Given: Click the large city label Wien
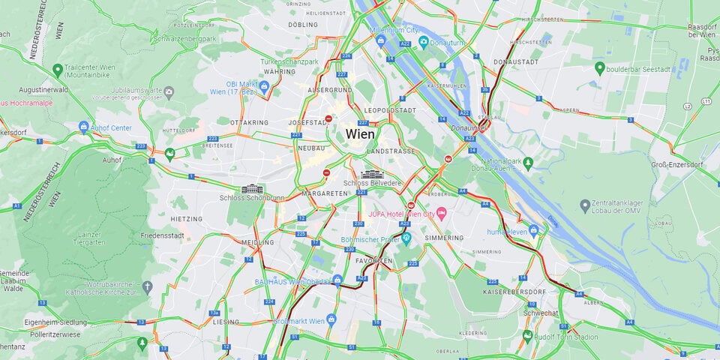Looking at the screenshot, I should (x=360, y=133).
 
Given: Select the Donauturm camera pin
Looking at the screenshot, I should (x=424, y=40).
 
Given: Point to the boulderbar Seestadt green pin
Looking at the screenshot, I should (x=599, y=68).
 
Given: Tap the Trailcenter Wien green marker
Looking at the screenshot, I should (x=57, y=70).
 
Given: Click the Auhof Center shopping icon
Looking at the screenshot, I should (x=83, y=127).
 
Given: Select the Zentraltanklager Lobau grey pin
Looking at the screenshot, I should (x=585, y=205).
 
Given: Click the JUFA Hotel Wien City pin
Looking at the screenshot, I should (x=442, y=214).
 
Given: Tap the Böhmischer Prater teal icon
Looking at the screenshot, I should (x=407, y=240).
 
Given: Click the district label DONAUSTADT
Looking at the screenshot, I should (x=516, y=61).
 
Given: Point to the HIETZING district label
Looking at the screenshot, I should (x=187, y=219).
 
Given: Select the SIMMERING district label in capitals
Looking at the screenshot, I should (x=445, y=238).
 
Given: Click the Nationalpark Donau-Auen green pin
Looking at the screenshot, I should (x=529, y=161).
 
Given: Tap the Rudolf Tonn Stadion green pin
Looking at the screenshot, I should (x=527, y=335).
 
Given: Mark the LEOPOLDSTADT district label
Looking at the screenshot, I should (x=390, y=110).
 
